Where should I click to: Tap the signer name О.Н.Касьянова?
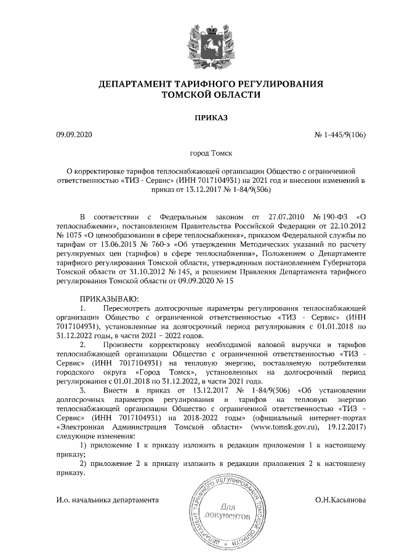[x=340, y=500]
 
